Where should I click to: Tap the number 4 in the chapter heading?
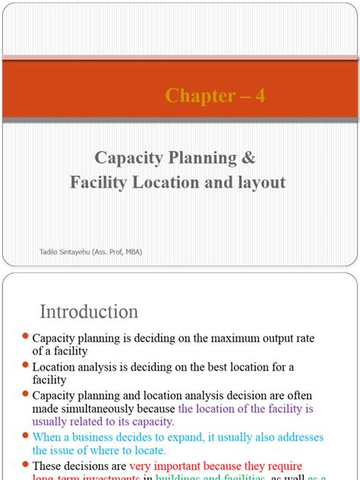click(260, 96)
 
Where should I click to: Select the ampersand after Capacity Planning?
click(250, 157)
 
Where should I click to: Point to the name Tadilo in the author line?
click(50, 252)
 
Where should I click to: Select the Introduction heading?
click(88, 312)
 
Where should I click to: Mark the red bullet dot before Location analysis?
click(25, 366)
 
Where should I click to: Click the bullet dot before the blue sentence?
click(25, 436)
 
